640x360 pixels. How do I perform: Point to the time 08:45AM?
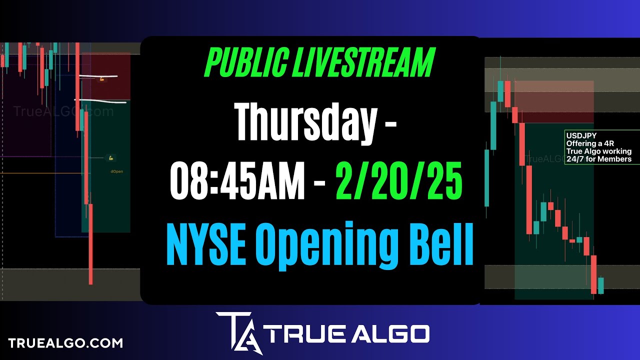click(237, 181)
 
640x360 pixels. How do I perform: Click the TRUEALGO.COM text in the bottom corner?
click(65, 343)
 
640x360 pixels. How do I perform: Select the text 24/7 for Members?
click(598, 159)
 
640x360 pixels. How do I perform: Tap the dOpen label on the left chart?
click(117, 171)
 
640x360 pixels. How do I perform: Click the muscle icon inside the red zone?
click(102, 79)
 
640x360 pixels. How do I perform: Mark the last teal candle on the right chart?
click(601, 285)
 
